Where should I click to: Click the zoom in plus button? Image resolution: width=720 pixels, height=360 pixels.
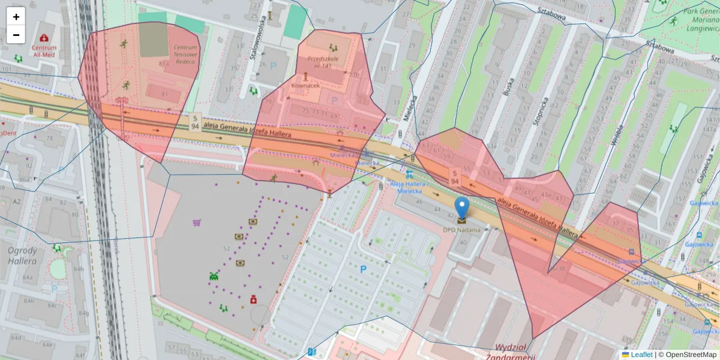coord(16,17)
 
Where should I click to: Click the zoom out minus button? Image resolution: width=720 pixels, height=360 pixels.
coord(16,35)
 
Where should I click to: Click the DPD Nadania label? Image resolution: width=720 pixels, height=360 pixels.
coord(461,230)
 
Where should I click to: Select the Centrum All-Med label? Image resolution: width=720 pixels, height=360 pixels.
coord(44,51)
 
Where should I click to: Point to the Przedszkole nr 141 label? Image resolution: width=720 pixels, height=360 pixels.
coord(323,62)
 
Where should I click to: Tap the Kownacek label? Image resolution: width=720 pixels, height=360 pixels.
coord(305,85)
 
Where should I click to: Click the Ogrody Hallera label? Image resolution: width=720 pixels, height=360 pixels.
coord(22,256)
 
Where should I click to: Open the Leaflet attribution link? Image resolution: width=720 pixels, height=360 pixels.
coord(641,355)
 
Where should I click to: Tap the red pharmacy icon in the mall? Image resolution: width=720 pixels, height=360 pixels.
coord(253,299)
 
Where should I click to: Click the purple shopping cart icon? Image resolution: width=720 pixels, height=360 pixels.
coord(196,223)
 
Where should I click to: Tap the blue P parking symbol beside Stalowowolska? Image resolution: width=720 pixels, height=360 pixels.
coord(273,65)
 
